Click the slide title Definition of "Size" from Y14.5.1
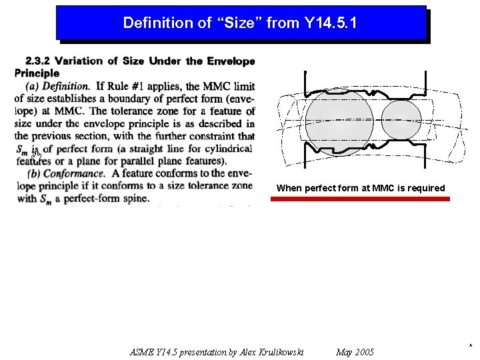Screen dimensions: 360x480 pyautogui.click(x=240, y=23)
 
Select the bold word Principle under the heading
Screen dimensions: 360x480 pyautogui.click(x=37, y=73)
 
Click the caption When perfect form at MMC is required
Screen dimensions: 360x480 pyautogui.click(x=361, y=188)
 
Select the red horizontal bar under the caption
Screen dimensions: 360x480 pyautogui.click(x=363, y=199)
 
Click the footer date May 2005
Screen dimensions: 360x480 pyautogui.click(x=355, y=352)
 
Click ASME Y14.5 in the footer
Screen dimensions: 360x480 pyautogui.click(x=155, y=352)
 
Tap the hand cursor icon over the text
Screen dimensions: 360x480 pyautogui.click(x=37, y=156)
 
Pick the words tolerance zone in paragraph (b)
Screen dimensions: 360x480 pyautogui.click(x=221, y=186)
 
